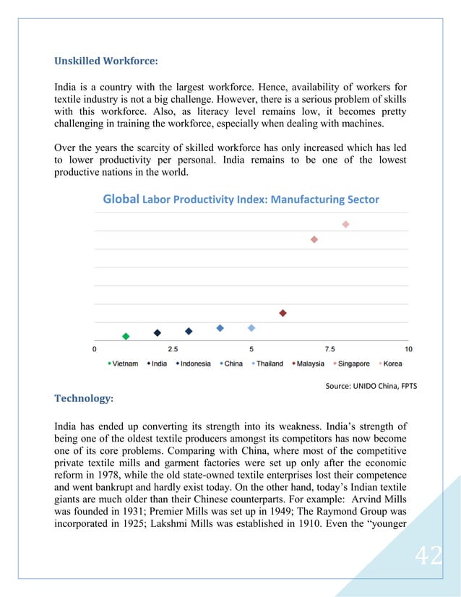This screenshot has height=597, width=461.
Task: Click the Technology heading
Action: coord(84,398)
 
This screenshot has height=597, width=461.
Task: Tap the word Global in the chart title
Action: coord(121,199)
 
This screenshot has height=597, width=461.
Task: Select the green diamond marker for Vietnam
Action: coord(126,336)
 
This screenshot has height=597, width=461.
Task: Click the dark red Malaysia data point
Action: coord(283,313)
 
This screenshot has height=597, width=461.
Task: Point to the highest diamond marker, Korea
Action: coord(345,224)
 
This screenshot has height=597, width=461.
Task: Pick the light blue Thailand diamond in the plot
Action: coord(251,328)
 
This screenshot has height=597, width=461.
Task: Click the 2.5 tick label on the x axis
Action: coord(173,349)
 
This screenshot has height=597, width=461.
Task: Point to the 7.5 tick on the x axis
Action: coord(329,349)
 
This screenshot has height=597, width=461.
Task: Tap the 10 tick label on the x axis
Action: coord(408,349)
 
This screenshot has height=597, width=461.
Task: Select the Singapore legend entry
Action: coord(351,364)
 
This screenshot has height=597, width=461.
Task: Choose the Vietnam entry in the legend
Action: coord(123,364)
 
